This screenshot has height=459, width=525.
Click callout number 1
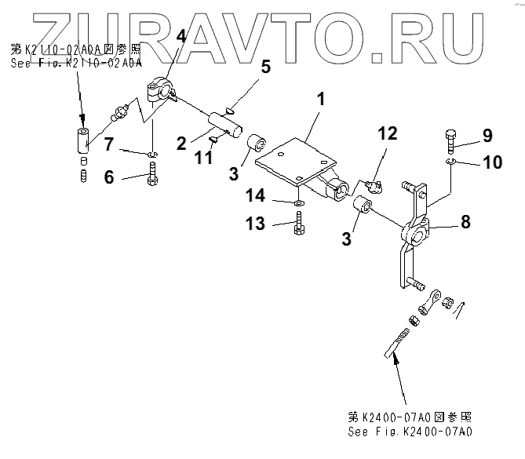click(x=319, y=101)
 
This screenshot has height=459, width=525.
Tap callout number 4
click(x=180, y=37)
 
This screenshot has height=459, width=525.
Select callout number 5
click(x=266, y=66)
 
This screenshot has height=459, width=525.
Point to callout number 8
click(x=465, y=222)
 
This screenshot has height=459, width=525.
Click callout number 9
click(x=487, y=135)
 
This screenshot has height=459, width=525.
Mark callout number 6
click(x=109, y=177)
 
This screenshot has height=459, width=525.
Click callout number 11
click(x=203, y=157)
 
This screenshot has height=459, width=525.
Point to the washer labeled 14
click(x=300, y=202)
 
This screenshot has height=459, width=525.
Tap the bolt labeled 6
click(x=153, y=176)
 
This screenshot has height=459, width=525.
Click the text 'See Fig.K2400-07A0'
click(x=410, y=432)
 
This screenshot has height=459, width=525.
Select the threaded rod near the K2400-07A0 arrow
click(x=399, y=341)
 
